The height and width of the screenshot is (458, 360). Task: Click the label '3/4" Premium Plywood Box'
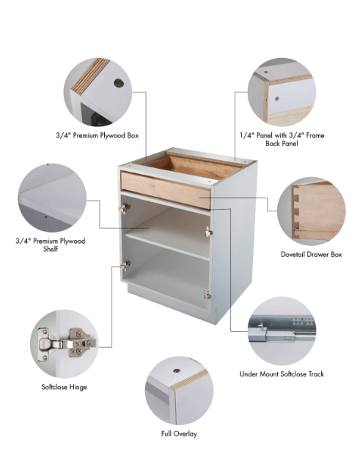click(x=97, y=136)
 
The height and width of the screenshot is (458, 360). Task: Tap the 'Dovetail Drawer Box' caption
click(x=312, y=255)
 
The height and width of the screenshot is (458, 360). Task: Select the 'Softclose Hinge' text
click(x=65, y=387)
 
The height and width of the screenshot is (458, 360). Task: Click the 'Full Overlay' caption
click(x=179, y=434)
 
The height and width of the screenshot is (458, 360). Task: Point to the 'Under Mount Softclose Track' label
click(x=282, y=374)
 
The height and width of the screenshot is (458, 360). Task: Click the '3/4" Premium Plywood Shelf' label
click(x=51, y=244)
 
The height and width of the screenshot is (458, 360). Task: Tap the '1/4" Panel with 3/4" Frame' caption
click(x=282, y=135)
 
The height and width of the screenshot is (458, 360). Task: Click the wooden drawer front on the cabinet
click(x=166, y=190)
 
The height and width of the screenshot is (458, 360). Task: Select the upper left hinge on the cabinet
click(x=125, y=208)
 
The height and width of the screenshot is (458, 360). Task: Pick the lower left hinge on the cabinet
click(x=125, y=265)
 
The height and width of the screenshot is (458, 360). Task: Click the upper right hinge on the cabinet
click(x=208, y=232)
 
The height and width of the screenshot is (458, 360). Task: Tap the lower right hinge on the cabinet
click(x=207, y=295)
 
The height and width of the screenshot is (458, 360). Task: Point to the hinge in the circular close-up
click(x=67, y=343)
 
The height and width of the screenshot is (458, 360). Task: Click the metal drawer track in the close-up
click(x=282, y=328)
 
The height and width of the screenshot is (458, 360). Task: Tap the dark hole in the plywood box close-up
click(x=119, y=84)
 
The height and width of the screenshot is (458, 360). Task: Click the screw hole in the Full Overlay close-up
click(x=177, y=371)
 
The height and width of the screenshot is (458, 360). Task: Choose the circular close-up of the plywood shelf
click(x=52, y=197)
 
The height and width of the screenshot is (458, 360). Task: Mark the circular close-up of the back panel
click(x=282, y=92)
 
